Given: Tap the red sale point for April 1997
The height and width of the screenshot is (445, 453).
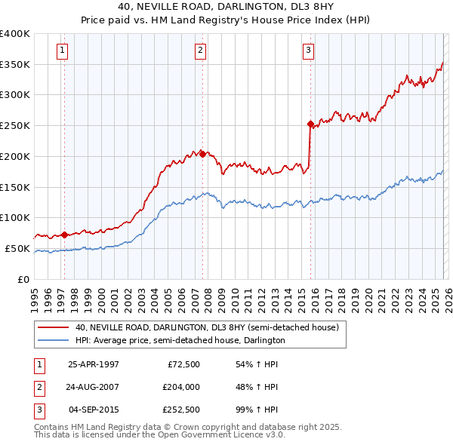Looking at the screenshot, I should click(x=64, y=235).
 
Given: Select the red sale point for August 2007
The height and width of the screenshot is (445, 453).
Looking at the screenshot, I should click(x=202, y=153).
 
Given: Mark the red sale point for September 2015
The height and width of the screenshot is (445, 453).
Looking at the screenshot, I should click(x=310, y=124).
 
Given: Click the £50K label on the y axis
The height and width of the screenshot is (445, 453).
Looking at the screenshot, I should click(x=17, y=248).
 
